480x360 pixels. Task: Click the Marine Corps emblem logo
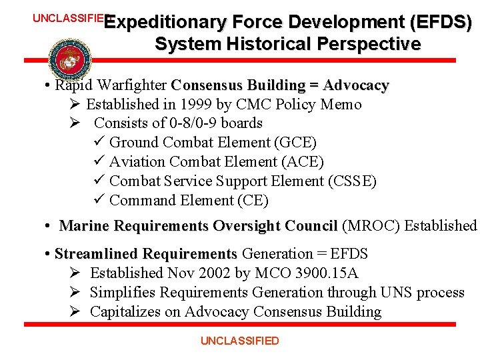click(x=69, y=59)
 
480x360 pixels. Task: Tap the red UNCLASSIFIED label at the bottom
click(x=240, y=341)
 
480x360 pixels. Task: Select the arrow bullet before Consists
click(x=75, y=123)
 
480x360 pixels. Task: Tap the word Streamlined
click(x=97, y=254)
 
